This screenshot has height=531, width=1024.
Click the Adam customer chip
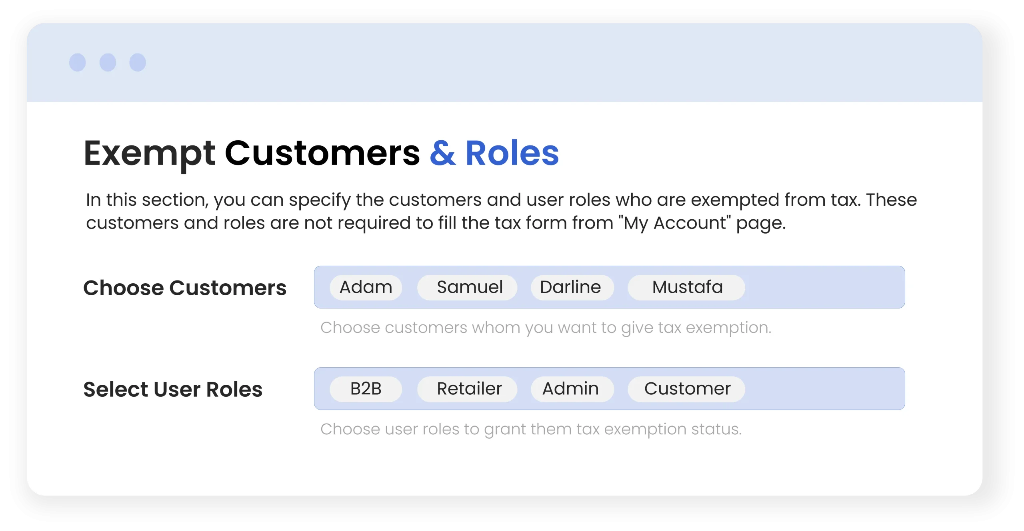[366, 287]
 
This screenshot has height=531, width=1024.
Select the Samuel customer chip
[467, 287]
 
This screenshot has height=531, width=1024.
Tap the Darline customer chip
[572, 287]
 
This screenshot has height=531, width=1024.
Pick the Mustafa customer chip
[686, 287]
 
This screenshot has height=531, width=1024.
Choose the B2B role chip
[366, 389]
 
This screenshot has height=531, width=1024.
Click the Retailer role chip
[467, 389]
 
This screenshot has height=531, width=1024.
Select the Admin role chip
[572, 389]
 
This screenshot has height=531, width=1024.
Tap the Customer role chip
[686, 389]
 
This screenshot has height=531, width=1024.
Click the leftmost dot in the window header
[78, 62]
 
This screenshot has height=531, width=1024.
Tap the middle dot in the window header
[108, 62]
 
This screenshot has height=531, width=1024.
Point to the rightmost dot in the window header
[138, 62]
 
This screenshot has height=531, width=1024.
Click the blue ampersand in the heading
[442, 153]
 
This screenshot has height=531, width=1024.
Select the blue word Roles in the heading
[512, 153]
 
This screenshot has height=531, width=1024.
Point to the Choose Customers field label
[185, 288]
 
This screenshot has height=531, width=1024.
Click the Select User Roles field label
[173, 390]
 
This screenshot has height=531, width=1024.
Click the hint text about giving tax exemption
[546, 328]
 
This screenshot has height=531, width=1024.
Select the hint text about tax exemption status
[531, 430]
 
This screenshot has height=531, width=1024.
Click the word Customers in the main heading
[322, 153]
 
